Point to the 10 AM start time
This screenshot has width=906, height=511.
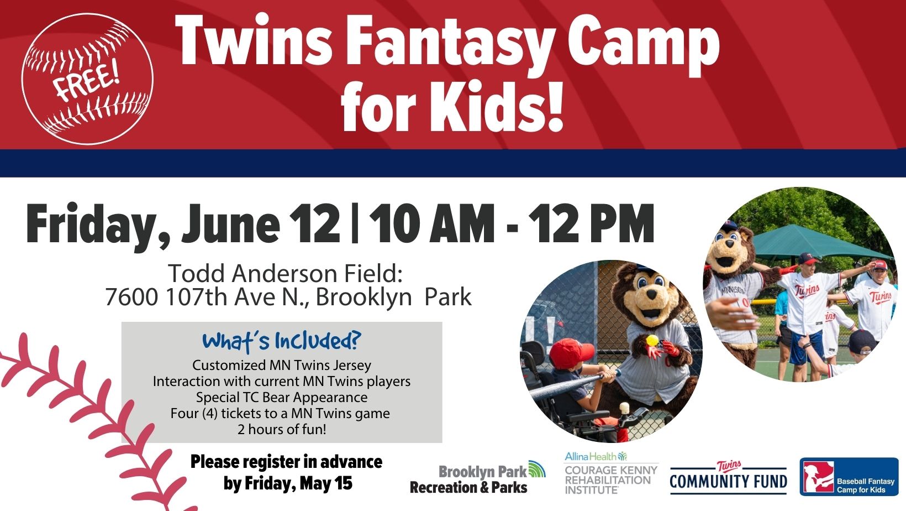tap(431, 224)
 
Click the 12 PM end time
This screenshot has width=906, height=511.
tap(591, 224)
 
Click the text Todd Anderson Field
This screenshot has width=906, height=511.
tap(286, 274)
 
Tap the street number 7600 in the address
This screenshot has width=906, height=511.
tap(131, 298)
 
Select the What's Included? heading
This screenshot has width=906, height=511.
tap(281, 341)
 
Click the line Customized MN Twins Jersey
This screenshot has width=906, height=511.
tap(282, 365)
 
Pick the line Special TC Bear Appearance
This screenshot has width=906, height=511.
tap(282, 397)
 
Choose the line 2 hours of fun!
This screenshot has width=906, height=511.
tap(282, 429)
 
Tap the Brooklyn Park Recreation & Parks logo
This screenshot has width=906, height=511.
tap(478, 479)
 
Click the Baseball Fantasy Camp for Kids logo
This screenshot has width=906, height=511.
tap(849, 477)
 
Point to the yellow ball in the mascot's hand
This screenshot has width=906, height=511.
tap(653, 341)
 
